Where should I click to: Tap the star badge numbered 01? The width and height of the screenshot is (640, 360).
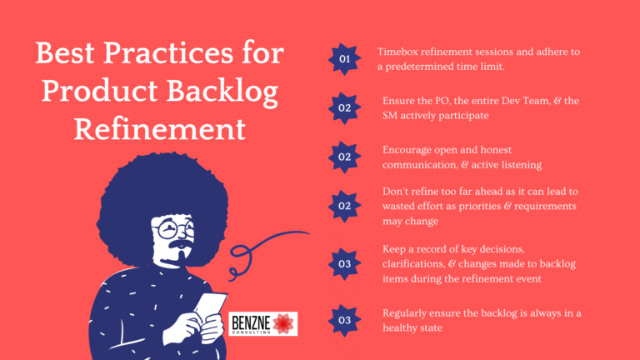click(344, 59)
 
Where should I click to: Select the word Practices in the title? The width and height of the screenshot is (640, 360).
click(182, 55)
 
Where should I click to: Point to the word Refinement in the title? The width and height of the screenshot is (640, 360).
click(160, 129)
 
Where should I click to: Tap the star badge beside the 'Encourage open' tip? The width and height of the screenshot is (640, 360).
click(344, 157)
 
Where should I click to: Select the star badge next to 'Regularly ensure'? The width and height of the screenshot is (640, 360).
click(344, 319)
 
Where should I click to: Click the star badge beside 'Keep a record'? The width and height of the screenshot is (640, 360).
click(344, 264)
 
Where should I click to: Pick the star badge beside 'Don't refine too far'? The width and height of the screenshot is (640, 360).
click(344, 205)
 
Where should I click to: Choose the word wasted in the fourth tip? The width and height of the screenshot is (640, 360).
click(402, 206)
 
